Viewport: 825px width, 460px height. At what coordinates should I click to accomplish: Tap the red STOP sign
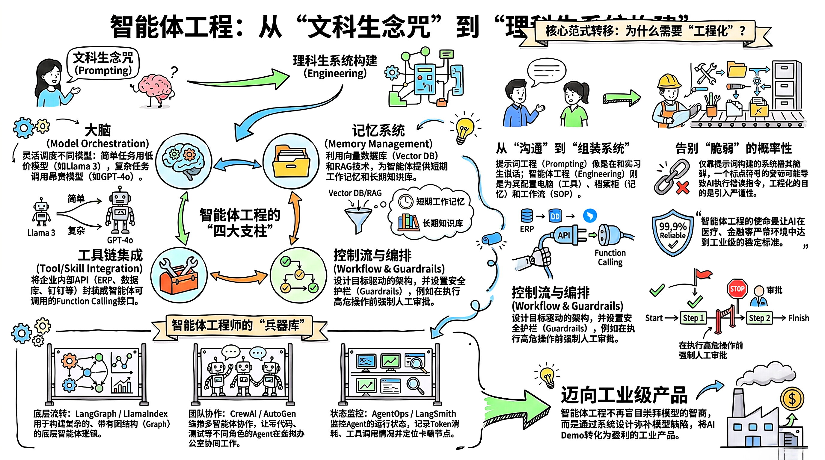click(737, 289)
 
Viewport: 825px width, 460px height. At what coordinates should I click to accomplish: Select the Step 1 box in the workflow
click(693, 318)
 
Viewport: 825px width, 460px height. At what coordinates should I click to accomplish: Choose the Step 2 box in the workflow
click(759, 318)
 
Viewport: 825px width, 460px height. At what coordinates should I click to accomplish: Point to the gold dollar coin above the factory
click(792, 399)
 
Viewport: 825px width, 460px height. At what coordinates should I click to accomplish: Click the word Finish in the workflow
click(798, 318)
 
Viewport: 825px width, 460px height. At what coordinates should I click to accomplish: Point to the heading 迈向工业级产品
click(624, 395)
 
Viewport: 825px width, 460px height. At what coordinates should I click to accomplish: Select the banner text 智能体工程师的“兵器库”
click(238, 325)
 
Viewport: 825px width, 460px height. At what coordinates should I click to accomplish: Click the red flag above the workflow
click(703, 275)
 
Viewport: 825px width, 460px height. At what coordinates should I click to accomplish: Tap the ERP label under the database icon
click(527, 229)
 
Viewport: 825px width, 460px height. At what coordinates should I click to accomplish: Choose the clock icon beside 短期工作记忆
click(406, 201)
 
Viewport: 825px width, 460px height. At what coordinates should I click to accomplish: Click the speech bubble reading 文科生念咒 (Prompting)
click(103, 64)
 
